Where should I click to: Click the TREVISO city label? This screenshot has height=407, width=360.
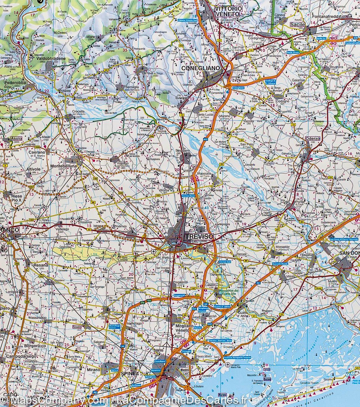(198, 236)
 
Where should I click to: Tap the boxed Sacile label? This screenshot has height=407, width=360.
(298, 24)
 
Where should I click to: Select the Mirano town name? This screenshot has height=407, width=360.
(94, 370)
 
